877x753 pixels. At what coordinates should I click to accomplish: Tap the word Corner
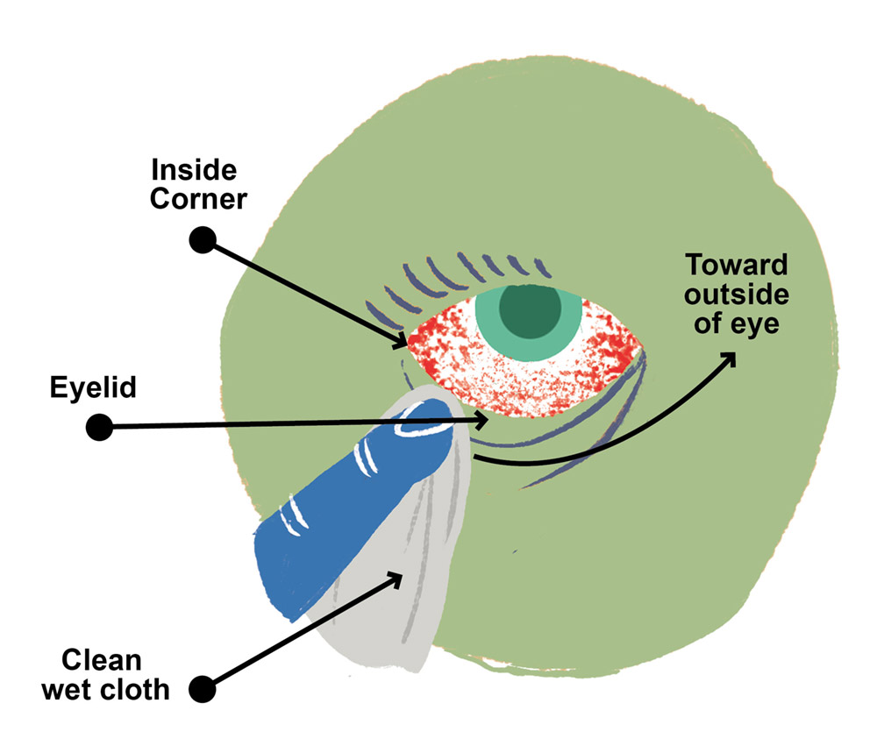199,198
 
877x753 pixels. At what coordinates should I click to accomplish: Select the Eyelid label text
93,387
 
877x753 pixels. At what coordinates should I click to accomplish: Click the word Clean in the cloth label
101,659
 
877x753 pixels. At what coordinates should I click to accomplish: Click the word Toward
737,265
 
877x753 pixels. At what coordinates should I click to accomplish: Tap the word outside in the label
737,295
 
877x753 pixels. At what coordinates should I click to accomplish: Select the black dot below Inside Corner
203,239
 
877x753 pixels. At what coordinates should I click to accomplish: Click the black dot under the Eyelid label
99,428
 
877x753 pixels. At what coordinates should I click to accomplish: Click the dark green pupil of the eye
530,309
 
